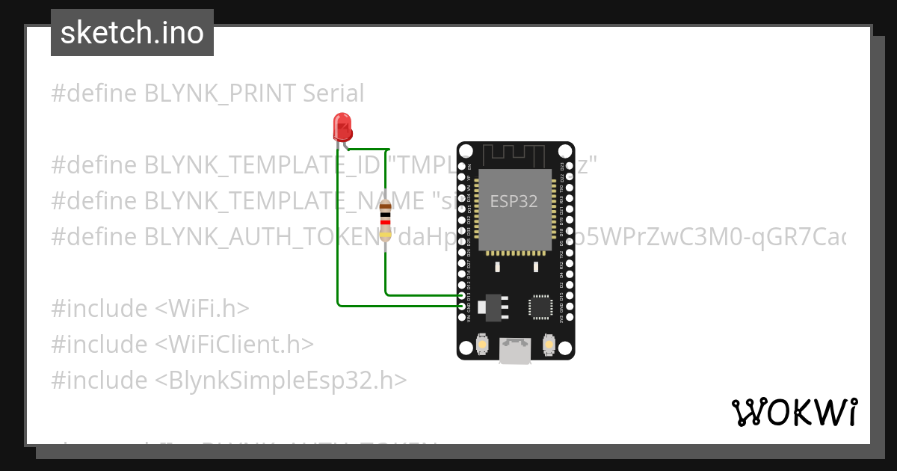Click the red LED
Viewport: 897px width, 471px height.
click(x=342, y=126)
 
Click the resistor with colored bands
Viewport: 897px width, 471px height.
click(x=385, y=221)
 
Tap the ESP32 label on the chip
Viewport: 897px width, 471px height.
click(x=514, y=201)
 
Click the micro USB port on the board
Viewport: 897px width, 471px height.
click(x=515, y=351)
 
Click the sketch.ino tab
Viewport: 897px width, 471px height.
click(x=132, y=33)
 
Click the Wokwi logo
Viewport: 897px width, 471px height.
click(x=794, y=412)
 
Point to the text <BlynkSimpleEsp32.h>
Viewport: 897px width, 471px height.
click(x=281, y=380)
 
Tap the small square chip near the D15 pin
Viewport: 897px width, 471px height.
click(x=540, y=306)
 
